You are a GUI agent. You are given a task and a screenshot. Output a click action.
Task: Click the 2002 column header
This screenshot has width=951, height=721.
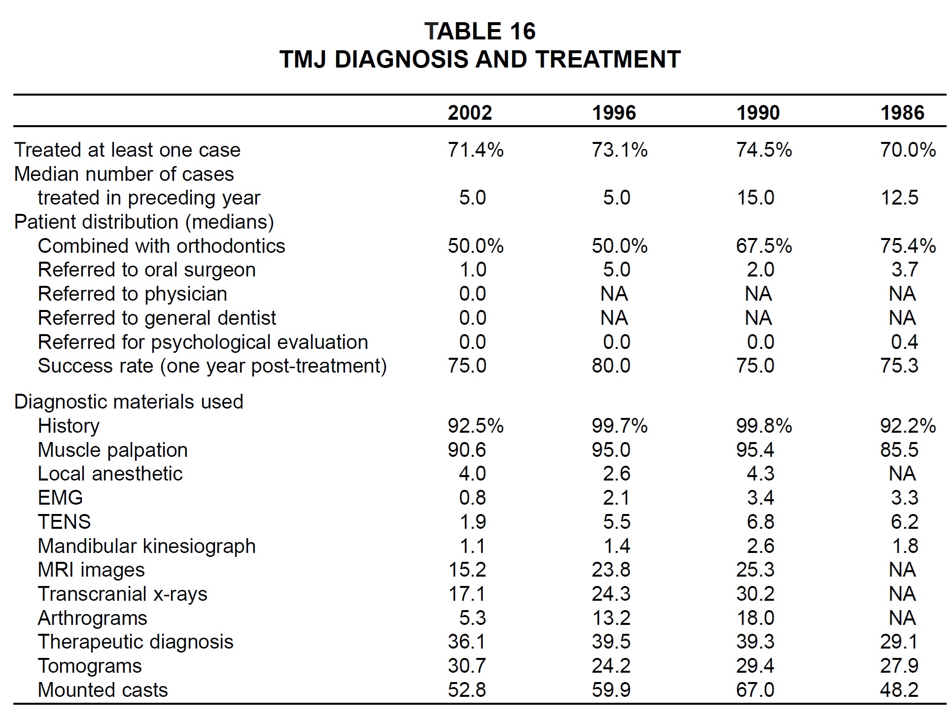point(470,113)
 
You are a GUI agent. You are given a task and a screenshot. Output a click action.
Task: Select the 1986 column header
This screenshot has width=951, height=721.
point(903,113)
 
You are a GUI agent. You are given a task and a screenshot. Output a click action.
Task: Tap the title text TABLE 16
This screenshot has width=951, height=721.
point(480,32)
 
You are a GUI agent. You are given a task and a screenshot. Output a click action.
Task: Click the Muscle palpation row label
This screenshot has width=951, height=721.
point(113,450)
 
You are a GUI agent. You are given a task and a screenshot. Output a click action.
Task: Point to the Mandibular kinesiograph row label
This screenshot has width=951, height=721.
point(147,546)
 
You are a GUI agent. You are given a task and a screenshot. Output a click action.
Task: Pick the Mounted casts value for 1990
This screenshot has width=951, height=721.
point(755,690)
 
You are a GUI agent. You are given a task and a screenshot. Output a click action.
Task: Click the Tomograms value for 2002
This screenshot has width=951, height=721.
point(467,666)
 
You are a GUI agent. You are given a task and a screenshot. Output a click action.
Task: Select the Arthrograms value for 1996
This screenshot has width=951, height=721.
point(611,618)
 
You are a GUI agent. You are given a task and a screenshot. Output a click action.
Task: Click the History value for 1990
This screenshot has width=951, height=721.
point(764,426)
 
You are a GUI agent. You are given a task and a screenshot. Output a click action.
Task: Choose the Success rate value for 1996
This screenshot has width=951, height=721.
point(611,366)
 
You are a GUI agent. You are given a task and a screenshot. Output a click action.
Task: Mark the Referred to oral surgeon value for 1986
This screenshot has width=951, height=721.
point(905,270)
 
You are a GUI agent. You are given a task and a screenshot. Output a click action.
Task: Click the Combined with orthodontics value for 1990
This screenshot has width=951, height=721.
point(764,246)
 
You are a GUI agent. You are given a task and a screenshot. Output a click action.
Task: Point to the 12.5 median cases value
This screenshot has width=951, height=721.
point(900,198)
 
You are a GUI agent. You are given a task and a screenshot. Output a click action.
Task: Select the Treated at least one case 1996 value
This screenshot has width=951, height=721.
point(620,150)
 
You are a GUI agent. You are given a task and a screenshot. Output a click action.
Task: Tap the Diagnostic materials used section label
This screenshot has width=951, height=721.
point(129,402)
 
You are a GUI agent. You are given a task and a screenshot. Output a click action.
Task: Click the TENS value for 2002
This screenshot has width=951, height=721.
point(473,522)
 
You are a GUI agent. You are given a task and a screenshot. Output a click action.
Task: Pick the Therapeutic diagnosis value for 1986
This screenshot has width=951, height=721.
point(900,642)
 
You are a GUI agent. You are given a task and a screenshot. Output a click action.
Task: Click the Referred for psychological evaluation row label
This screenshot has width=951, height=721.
point(203,342)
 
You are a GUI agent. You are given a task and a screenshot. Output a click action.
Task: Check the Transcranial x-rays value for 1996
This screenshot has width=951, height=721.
point(611,594)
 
